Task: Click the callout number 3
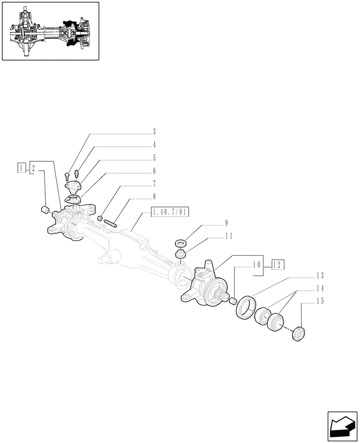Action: point(154,132)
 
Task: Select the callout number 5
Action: point(154,158)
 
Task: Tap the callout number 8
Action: point(154,196)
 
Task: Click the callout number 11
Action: point(228,236)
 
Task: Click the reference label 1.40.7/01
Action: point(170,213)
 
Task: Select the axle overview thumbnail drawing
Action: point(50,31)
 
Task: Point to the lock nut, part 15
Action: point(299,333)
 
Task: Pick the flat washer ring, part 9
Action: point(181,243)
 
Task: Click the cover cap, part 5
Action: point(73,187)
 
